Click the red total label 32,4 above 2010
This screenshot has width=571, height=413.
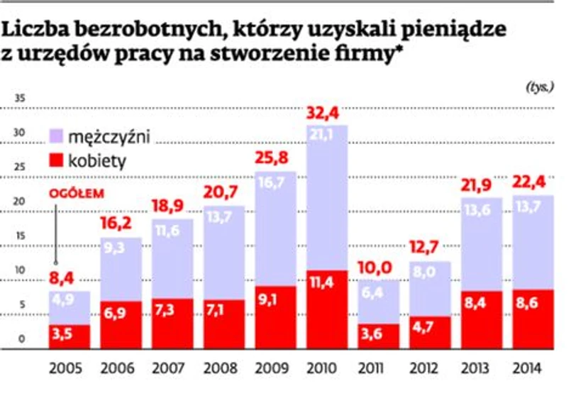point(328,112)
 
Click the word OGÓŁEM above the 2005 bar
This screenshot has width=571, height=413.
point(67,192)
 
